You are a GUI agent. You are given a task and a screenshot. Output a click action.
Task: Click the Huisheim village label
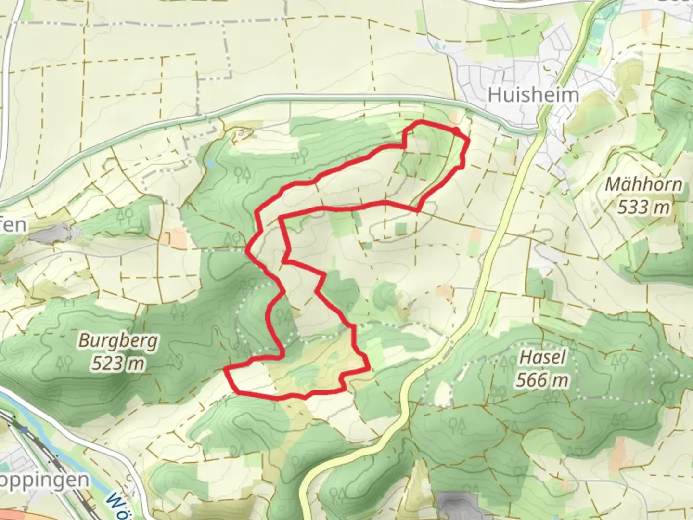point(533,94)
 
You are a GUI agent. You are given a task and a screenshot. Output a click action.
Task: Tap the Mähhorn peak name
point(643,184)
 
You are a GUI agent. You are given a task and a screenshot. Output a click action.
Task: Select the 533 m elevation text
point(643,208)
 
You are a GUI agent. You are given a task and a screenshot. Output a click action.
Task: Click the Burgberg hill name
point(118,340)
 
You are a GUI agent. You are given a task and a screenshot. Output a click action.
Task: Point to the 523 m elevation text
point(118,364)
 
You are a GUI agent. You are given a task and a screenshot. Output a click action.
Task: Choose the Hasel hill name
point(542,357)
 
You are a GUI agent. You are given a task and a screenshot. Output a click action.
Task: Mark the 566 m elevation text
point(542,380)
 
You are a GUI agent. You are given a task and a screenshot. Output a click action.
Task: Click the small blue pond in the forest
point(210,164)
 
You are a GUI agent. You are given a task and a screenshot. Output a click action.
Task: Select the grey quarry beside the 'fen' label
point(51,234)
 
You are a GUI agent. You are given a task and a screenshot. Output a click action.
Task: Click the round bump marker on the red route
point(455,130)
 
